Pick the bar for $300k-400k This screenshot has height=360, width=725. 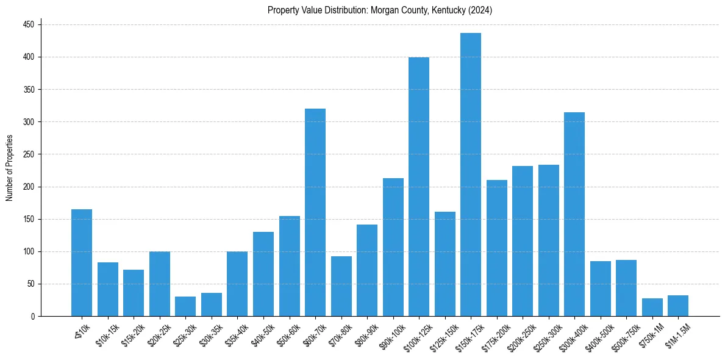coord(574,214)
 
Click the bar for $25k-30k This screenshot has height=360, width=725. coord(185,306)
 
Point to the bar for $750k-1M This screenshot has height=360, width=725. coord(652,307)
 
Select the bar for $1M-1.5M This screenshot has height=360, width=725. coord(678,306)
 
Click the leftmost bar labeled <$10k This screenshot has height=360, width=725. coord(82,263)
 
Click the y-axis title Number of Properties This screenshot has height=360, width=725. coord(9,168)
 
